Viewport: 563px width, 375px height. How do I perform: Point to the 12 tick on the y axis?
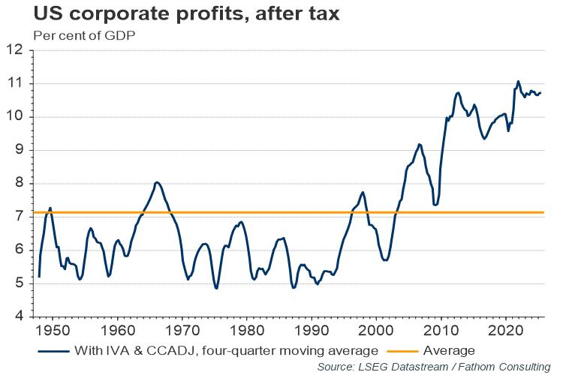(18, 50)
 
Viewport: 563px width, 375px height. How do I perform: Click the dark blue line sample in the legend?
(56, 349)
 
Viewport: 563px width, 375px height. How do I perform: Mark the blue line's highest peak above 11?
(518, 81)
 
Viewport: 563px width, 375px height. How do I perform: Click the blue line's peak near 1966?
(156, 182)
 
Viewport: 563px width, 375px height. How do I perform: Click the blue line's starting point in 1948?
(39, 277)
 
